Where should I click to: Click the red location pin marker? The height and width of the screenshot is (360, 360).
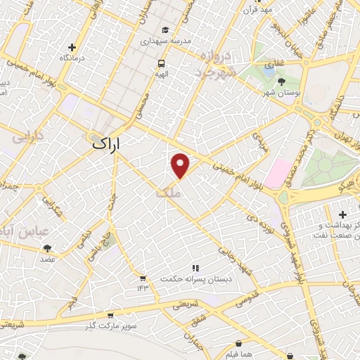(x=181, y=165)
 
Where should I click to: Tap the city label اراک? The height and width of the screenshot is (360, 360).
(x=106, y=143)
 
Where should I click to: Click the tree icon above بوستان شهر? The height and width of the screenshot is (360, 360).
(x=282, y=82)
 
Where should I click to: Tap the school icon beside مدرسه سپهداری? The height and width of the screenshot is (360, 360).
(x=164, y=30)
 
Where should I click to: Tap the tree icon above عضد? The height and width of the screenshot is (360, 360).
(x=47, y=248)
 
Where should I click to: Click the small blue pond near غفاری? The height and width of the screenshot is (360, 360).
(x=269, y=70)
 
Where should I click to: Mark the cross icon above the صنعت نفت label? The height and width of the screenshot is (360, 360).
(x=342, y=214)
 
